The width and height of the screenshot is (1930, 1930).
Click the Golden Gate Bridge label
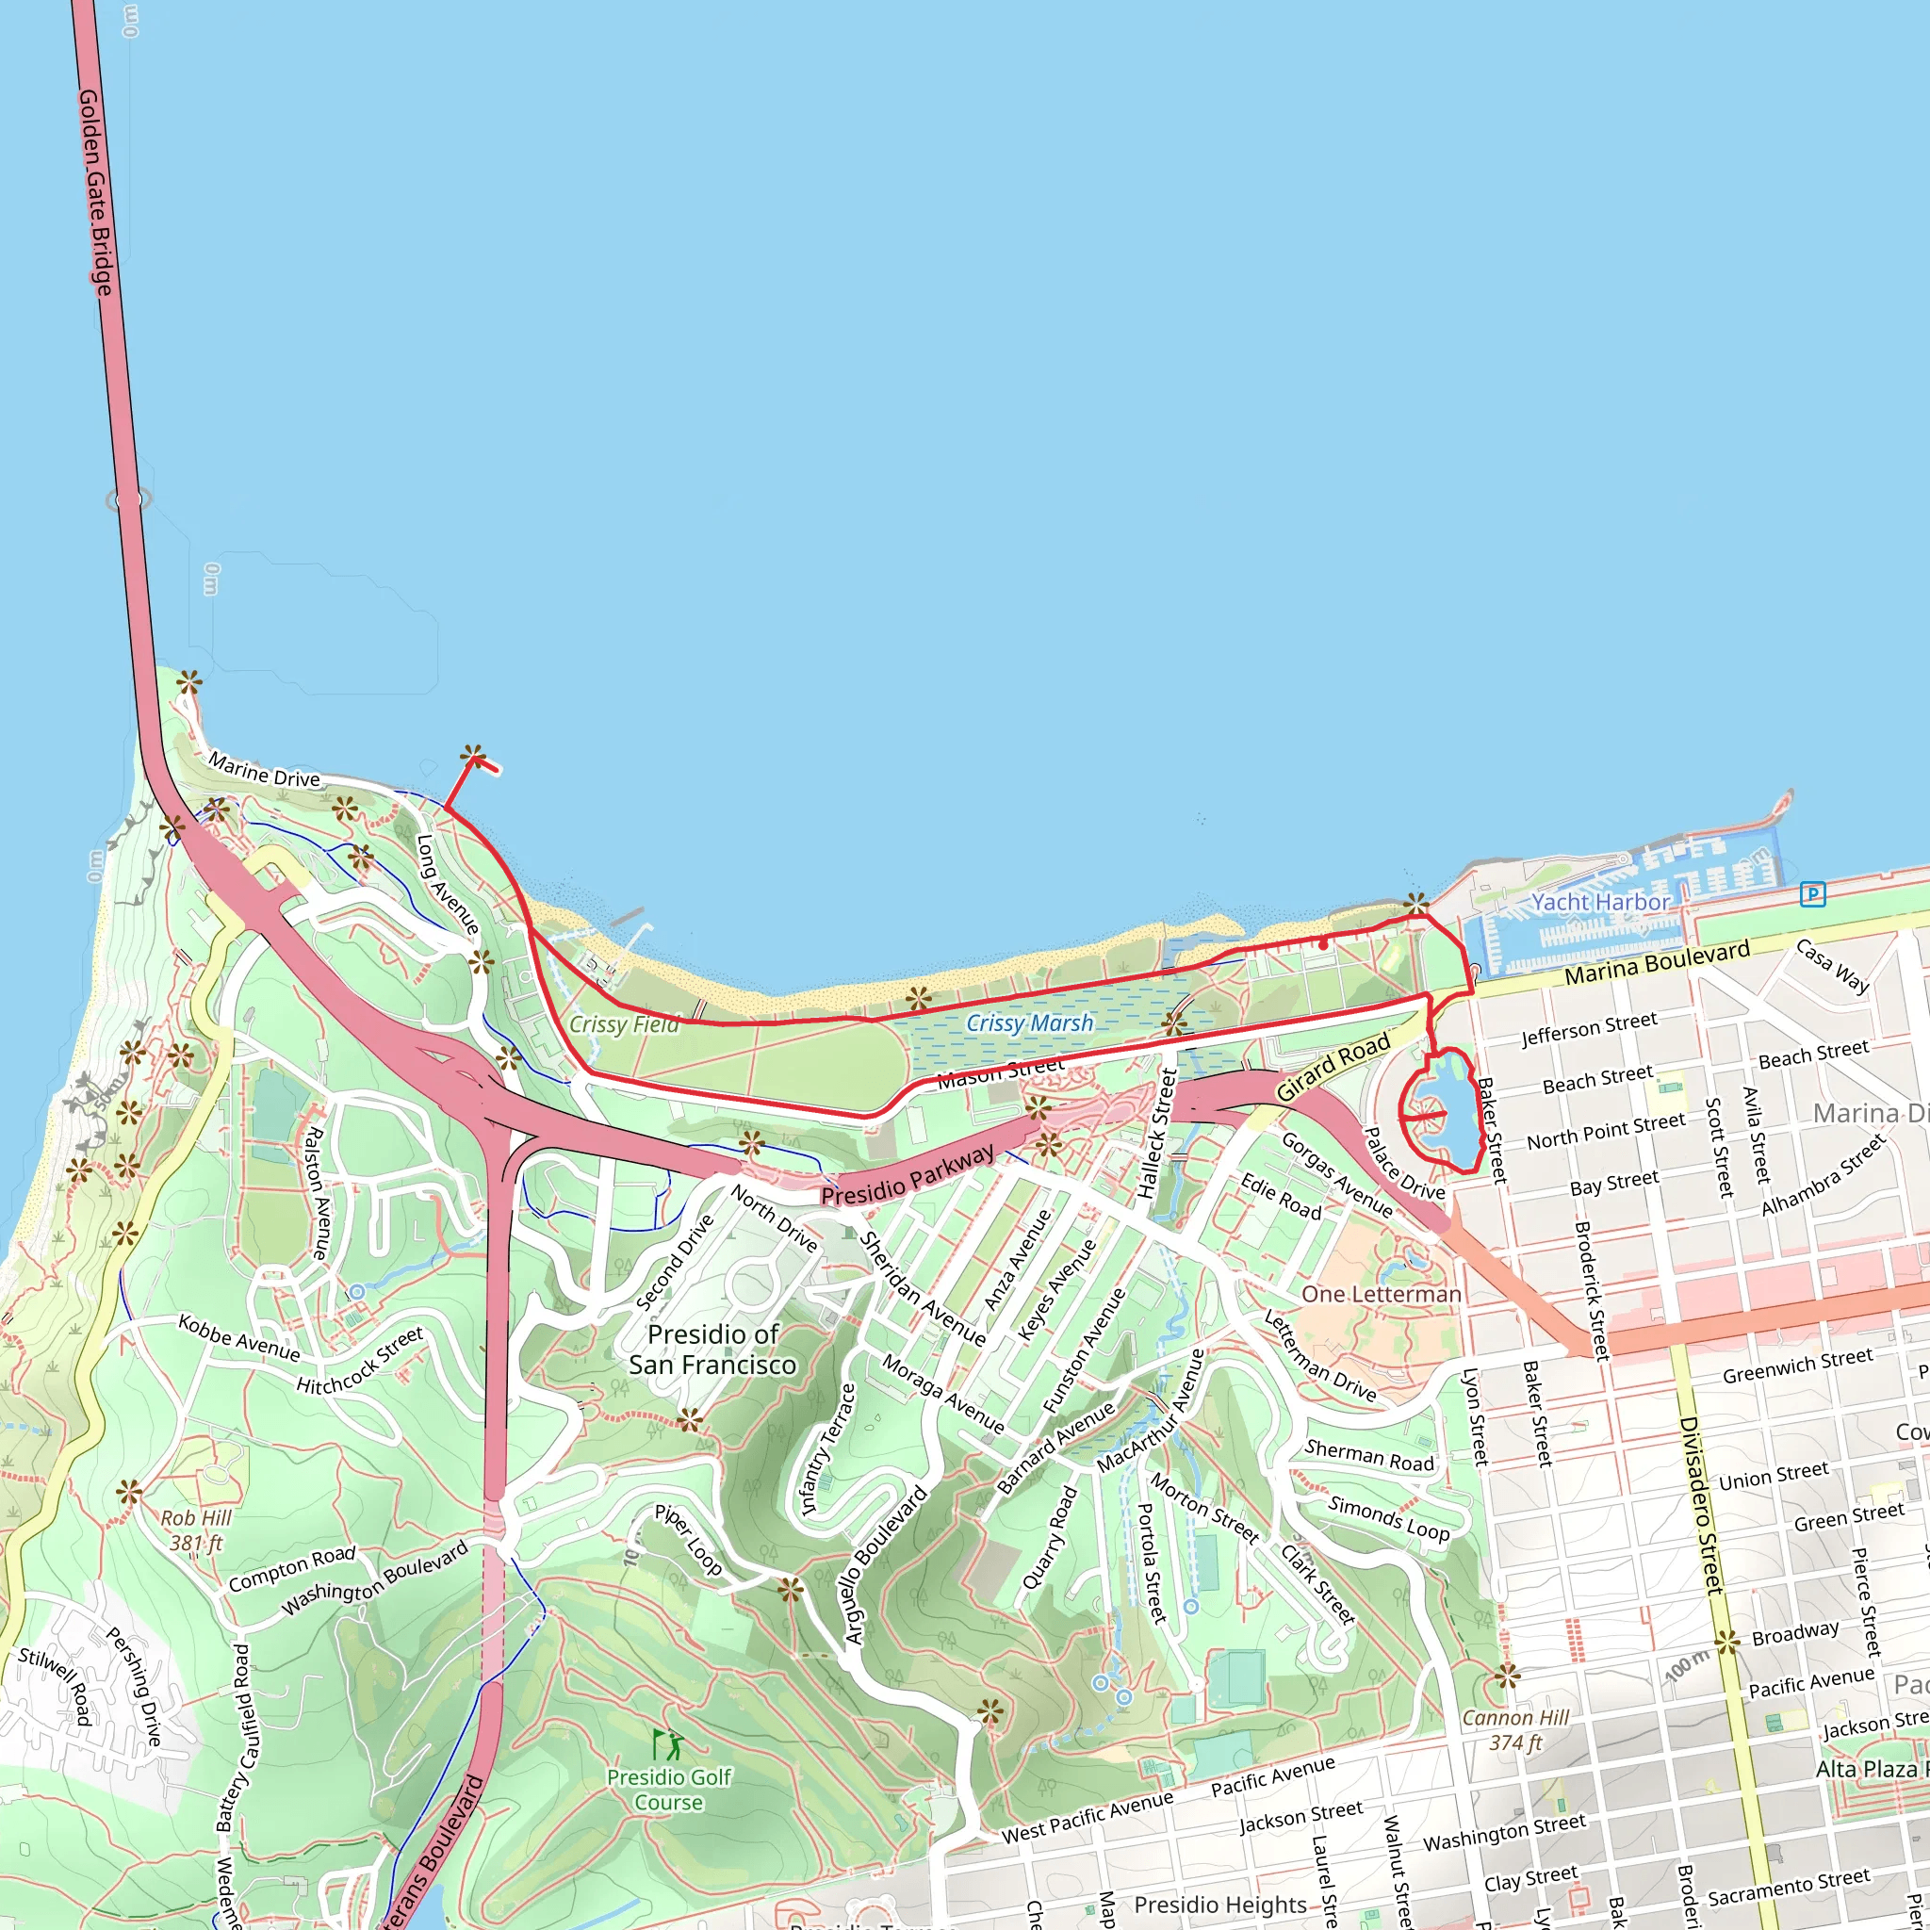95,192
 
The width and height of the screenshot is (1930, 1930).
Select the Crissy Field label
623,1025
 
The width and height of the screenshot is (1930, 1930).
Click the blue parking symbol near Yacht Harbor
1812,893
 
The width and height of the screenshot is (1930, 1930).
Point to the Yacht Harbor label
1600,902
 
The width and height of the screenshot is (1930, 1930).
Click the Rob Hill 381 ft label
196,1530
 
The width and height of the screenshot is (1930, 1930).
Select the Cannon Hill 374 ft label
1515,1730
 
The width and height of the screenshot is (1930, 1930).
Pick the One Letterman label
1381,1295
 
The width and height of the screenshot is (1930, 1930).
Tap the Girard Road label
1333,1068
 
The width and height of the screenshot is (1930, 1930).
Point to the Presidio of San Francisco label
712,1349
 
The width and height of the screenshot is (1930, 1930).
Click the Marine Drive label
264,770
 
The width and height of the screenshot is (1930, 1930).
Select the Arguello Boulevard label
887,1565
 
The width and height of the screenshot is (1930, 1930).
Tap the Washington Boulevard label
375,1578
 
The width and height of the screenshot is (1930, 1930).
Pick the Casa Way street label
1832,966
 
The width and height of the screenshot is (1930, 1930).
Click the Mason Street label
1000,1071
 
